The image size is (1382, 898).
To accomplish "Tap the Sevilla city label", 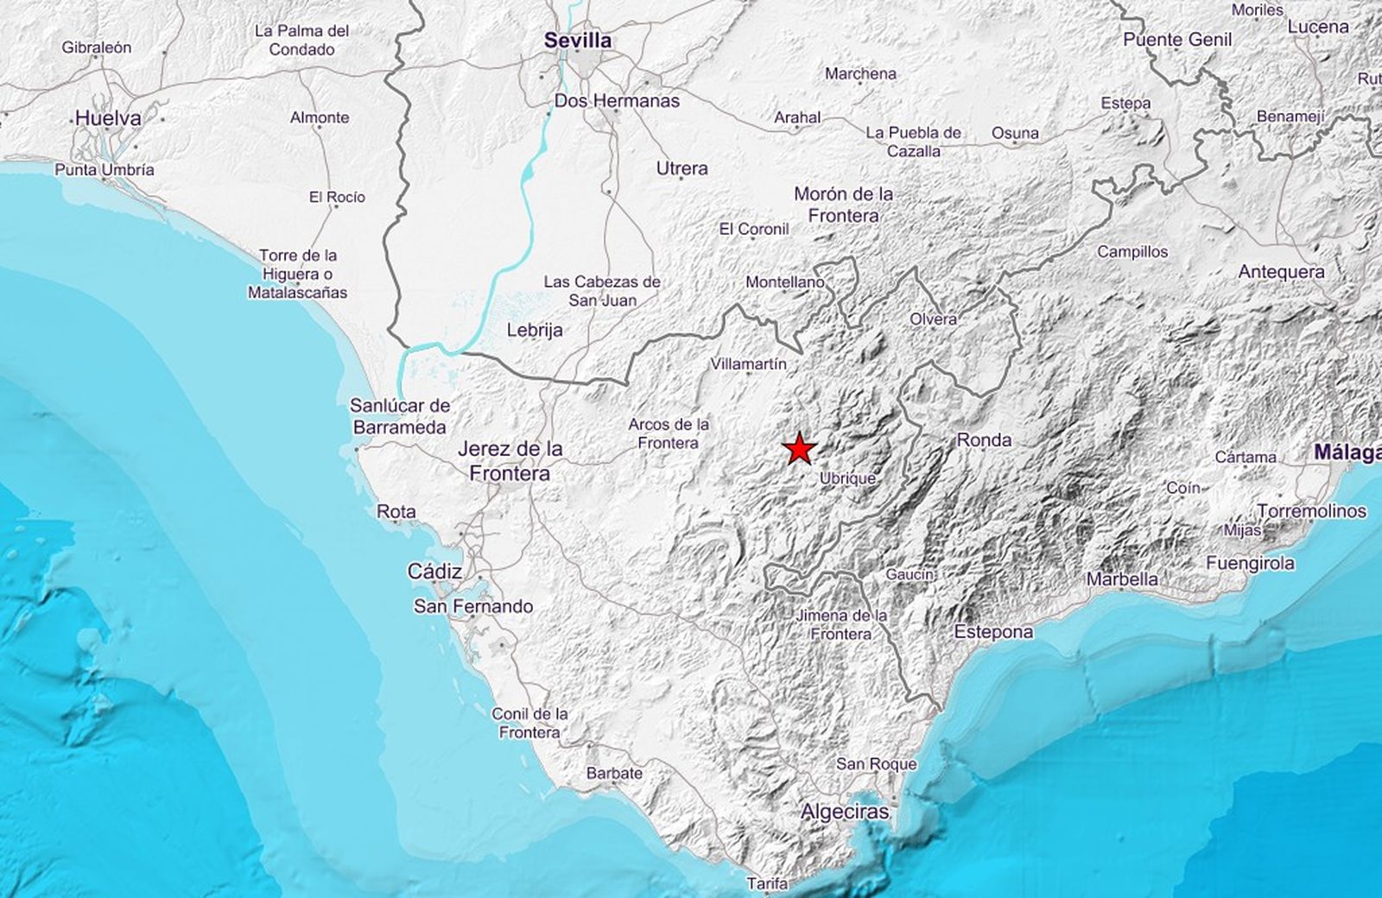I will (578, 40).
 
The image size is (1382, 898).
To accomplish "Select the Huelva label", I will (108, 118).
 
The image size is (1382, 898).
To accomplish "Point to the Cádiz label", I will (434, 572).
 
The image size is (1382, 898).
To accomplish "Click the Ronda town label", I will (984, 440).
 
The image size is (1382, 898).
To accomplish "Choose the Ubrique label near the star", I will (847, 477).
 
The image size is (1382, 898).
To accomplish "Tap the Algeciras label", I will (845, 812).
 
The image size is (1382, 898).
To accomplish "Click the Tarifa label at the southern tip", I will (769, 883).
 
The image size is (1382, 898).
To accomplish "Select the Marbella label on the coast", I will (1122, 579).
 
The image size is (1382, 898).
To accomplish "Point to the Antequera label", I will (1281, 272).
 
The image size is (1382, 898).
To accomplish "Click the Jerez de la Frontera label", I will (510, 460).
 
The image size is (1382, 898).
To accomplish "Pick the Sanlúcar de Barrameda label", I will (400, 415).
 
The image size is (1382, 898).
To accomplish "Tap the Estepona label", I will (993, 632).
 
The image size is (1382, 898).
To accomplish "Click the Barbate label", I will (614, 773).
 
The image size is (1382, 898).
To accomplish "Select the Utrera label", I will (682, 168).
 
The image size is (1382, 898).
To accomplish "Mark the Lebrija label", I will (535, 330).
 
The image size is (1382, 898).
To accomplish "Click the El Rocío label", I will (337, 197).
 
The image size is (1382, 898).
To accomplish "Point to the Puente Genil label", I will (1177, 40).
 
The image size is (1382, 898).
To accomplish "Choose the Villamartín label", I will (748, 364).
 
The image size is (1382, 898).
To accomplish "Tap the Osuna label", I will (1015, 133).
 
